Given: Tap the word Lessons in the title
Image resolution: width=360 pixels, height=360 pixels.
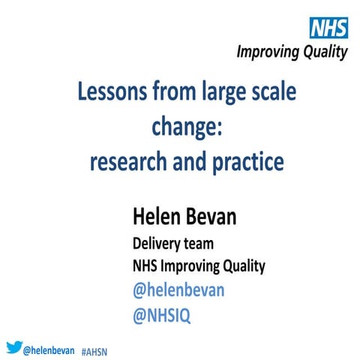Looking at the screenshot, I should (112, 94).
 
